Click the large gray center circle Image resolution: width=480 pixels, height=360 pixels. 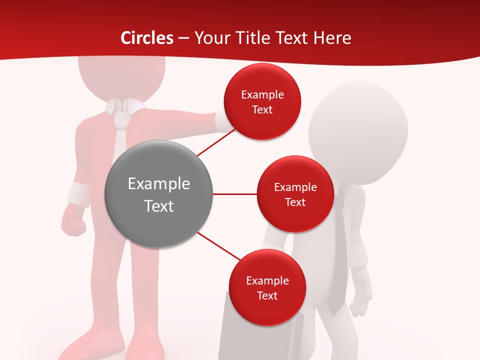(158, 194)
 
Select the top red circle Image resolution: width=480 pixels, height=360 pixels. (262, 101)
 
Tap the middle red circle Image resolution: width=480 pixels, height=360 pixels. (295, 194)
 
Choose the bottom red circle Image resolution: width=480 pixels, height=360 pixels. (267, 287)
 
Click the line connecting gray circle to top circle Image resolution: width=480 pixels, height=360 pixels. (216, 141)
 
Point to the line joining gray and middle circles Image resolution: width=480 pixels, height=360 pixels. (234, 194)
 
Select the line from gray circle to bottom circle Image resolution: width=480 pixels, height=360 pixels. (219, 246)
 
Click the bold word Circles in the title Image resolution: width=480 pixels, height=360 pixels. (146, 38)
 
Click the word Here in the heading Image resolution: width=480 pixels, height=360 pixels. (332, 38)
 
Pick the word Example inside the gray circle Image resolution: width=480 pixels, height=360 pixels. (158, 183)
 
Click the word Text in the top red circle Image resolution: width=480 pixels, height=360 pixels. (262, 109)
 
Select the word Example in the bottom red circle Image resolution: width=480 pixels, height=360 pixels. (267, 280)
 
